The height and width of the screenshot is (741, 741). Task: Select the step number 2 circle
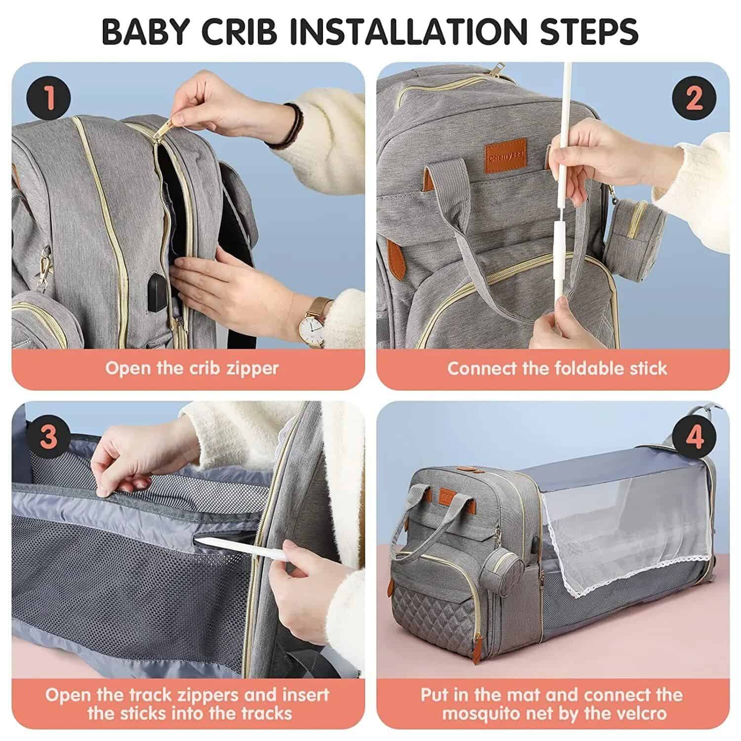[694, 98]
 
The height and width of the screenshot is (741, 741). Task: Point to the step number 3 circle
[48, 437]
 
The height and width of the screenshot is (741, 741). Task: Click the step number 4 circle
[694, 437]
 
